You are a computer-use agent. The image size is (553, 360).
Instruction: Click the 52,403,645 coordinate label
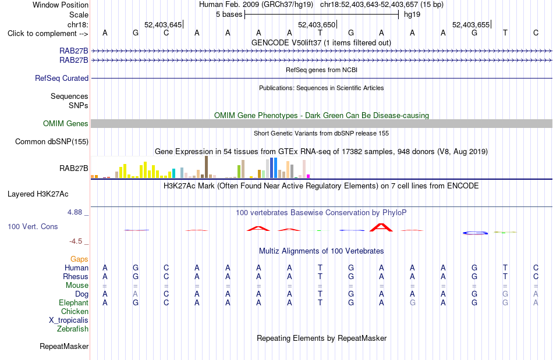click(163, 24)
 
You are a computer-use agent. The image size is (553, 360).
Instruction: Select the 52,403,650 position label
click(317, 24)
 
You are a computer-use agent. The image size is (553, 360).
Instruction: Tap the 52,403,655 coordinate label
click(471, 24)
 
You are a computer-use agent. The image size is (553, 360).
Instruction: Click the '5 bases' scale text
click(229, 15)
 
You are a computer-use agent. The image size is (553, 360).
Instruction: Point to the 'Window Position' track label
click(61, 5)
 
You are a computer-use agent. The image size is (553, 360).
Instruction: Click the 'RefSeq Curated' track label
click(62, 78)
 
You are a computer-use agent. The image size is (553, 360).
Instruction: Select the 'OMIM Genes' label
click(66, 124)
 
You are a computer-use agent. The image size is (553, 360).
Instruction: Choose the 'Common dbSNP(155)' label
click(52, 141)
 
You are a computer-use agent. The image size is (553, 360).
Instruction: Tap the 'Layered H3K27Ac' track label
click(38, 194)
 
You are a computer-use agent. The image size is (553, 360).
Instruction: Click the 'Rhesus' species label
click(76, 276)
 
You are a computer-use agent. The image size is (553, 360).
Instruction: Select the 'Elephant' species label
click(74, 302)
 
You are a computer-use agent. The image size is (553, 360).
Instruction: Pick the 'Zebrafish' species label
click(73, 329)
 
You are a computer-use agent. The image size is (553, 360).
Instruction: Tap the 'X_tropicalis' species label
click(69, 320)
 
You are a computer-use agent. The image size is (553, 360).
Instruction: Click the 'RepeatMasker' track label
click(64, 346)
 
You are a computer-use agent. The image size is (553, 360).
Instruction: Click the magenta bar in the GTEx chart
click(309, 176)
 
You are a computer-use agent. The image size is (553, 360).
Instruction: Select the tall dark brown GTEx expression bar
click(206, 167)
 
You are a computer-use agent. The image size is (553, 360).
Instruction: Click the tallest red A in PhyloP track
click(381, 227)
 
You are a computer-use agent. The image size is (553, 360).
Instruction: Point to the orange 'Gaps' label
click(79, 259)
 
